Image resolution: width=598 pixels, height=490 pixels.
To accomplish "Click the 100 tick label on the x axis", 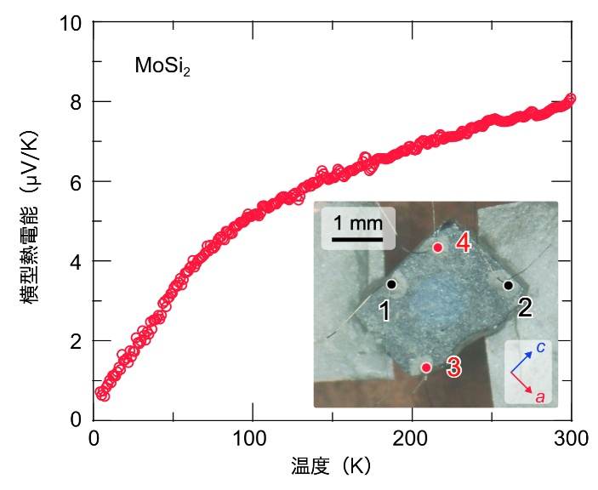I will tap(253, 438).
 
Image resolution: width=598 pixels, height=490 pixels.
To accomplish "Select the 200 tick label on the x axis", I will tap(413, 438).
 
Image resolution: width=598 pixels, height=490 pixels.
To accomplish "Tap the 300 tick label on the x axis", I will tap(572, 438).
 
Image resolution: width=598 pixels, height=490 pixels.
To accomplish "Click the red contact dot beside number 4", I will tap(438, 248).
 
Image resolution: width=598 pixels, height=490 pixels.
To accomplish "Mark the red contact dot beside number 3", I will tap(426, 367).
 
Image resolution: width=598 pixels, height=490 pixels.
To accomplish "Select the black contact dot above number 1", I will tap(391, 284).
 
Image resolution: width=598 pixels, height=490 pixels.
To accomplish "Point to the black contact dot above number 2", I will tap(508, 285).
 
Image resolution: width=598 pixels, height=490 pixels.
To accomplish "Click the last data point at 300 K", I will tap(570, 99).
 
